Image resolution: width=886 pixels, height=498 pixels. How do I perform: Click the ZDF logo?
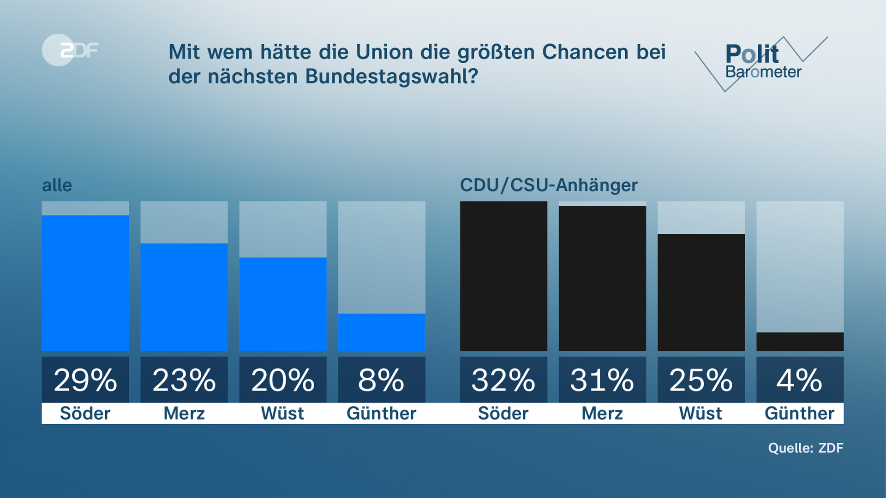pyautogui.click(x=70, y=50)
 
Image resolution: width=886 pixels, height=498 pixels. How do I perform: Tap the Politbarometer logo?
pyautogui.click(x=762, y=63)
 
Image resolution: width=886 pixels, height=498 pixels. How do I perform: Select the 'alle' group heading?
pyautogui.click(x=57, y=185)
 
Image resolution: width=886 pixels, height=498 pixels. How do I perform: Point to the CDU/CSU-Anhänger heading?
pyautogui.click(x=549, y=185)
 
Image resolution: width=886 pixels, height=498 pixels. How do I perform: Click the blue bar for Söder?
pyautogui.click(x=85, y=283)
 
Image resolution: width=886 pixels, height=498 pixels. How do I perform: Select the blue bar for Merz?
pyautogui.click(x=184, y=297)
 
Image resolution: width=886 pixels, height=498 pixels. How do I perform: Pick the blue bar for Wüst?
pyautogui.click(x=283, y=304)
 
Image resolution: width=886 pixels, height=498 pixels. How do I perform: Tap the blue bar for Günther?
pyautogui.click(x=382, y=332)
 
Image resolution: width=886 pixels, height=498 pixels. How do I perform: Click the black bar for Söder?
pyautogui.click(x=503, y=276)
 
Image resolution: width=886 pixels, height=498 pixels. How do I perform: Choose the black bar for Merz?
pyautogui.click(x=602, y=279)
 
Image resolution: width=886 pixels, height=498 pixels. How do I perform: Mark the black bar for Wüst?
pyautogui.click(x=701, y=292)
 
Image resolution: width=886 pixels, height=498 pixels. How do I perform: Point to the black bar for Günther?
pyautogui.click(x=800, y=342)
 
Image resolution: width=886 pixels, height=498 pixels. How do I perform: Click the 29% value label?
pyautogui.click(x=85, y=380)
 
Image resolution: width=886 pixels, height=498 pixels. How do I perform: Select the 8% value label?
pyautogui.click(x=382, y=380)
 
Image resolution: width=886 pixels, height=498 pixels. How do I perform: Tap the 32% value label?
pyautogui.click(x=503, y=380)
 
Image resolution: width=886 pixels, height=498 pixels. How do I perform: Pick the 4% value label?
pyautogui.click(x=800, y=380)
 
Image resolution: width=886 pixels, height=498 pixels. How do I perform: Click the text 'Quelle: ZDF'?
pyautogui.click(x=805, y=448)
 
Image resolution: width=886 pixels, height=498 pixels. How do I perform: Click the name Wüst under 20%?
pyautogui.click(x=283, y=413)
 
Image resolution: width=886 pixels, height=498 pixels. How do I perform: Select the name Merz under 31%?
pyautogui.click(x=602, y=413)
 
